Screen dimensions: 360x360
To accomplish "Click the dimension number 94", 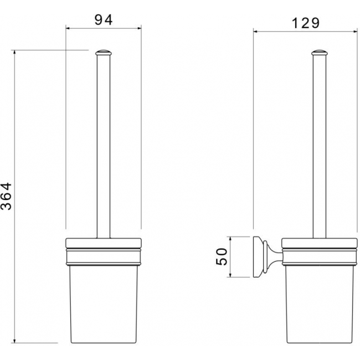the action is click(104, 20).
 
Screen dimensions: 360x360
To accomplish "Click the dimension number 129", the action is click(305, 23).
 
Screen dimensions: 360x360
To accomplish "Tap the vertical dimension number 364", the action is click(6, 196).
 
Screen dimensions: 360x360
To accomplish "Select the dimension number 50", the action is click(222, 256).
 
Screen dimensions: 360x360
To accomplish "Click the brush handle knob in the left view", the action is click(104, 53).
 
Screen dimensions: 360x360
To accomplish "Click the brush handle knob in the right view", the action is click(320, 53).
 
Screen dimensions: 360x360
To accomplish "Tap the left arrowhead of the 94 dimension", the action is click(68, 28).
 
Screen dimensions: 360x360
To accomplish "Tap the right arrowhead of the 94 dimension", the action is click(139, 28).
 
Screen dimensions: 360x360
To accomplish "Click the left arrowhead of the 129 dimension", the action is click(255, 32).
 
